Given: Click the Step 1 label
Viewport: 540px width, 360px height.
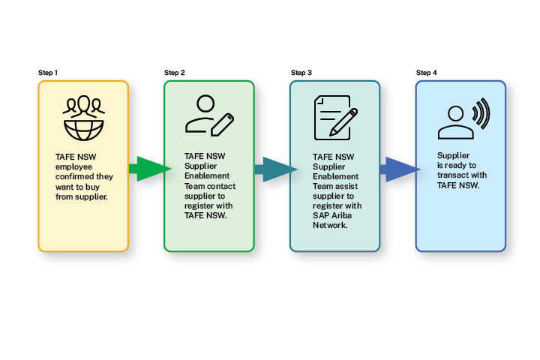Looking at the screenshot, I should [48, 73].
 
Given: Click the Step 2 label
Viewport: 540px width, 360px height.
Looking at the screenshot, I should [174, 73].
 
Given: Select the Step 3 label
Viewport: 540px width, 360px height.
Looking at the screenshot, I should [301, 73].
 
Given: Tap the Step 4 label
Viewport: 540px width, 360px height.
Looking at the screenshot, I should [427, 73].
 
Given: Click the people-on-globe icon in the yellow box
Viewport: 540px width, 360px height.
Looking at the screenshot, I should [83, 118].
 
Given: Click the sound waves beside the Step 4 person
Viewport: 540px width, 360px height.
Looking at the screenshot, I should [479, 115].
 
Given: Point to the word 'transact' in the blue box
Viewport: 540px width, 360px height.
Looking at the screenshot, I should [452, 175].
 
